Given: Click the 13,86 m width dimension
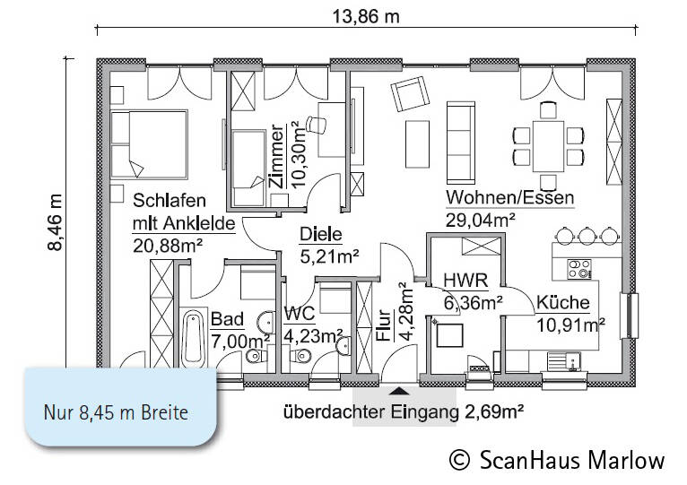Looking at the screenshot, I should [366, 14].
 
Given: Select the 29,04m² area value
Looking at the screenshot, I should [480, 218].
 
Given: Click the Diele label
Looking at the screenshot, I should [321, 235].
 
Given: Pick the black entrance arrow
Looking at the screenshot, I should [400, 390].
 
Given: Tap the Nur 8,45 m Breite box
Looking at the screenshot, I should [117, 413].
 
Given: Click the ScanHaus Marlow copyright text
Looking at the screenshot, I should [558, 460].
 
